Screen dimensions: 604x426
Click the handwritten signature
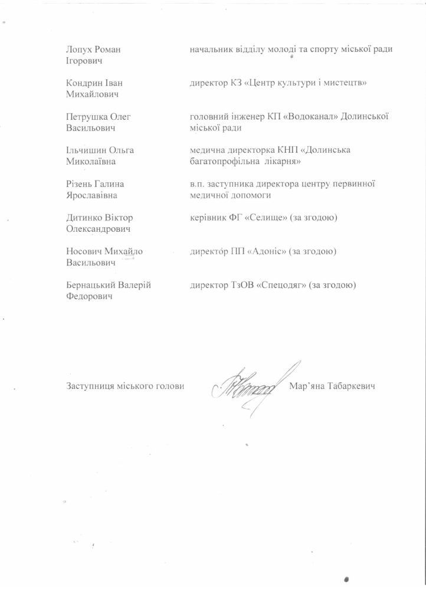248,386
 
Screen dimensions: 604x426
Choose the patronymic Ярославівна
93,195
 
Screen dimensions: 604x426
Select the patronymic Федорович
90,296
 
